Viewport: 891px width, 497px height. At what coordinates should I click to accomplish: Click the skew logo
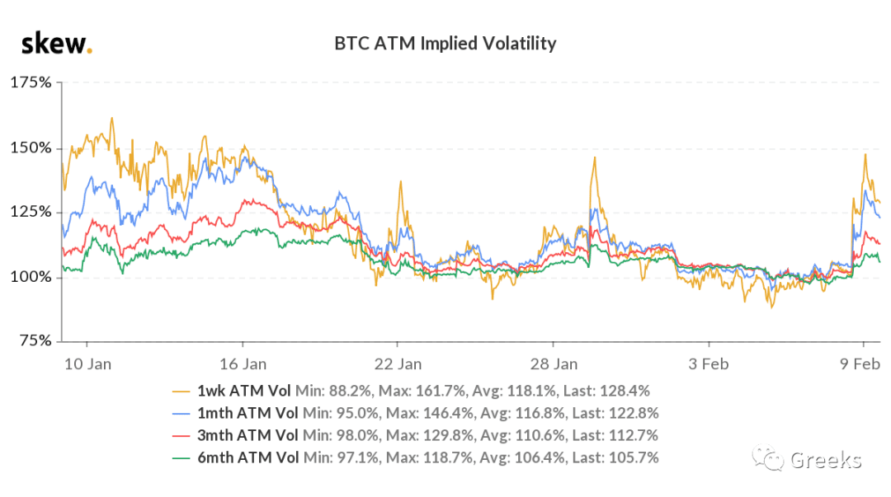[x=56, y=44]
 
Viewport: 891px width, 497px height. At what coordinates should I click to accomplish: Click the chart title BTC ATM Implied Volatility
[x=445, y=43]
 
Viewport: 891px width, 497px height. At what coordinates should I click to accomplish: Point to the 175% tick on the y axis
[x=31, y=82]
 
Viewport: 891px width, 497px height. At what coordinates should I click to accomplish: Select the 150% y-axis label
[x=31, y=148]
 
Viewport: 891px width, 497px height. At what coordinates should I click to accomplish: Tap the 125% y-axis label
[x=31, y=212]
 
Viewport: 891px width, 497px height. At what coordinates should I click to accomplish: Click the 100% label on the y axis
[x=31, y=277]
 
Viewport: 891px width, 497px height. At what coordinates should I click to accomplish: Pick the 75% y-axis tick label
[x=35, y=340]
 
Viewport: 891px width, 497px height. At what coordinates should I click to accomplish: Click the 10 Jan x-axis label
[x=87, y=364]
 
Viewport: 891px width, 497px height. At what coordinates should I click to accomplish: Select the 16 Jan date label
[x=243, y=364]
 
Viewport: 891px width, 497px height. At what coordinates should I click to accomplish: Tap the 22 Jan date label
[x=398, y=364]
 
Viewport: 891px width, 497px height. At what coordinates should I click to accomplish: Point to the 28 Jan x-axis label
[x=554, y=364]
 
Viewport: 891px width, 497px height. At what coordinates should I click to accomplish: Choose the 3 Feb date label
[x=709, y=364]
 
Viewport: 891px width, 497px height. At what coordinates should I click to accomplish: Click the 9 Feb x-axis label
[x=860, y=364]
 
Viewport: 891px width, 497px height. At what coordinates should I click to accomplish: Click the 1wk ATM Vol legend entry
[x=243, y=391]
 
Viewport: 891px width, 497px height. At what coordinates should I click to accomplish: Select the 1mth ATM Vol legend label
[x=247, y=413]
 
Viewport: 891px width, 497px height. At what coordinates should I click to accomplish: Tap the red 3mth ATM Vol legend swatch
[x=181, y=436]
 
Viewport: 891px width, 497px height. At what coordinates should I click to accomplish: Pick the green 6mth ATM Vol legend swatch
[x=181, y=457]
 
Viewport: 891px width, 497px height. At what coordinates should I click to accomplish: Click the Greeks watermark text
[x=826, y=460]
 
